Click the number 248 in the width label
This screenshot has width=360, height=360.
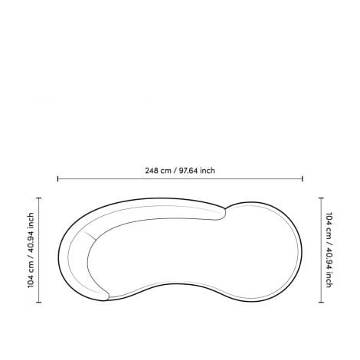(152, 171)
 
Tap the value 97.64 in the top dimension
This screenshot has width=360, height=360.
(188, 171)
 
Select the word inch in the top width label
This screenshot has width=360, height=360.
(208, 171)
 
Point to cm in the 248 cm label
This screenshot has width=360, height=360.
(165, 171)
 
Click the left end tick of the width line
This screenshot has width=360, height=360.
(58, 178)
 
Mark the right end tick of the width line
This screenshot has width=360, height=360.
(303, 178)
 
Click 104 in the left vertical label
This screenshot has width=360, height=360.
(31, 281)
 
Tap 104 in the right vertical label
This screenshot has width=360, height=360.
(329, 219)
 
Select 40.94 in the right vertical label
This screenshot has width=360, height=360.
(329, 258)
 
